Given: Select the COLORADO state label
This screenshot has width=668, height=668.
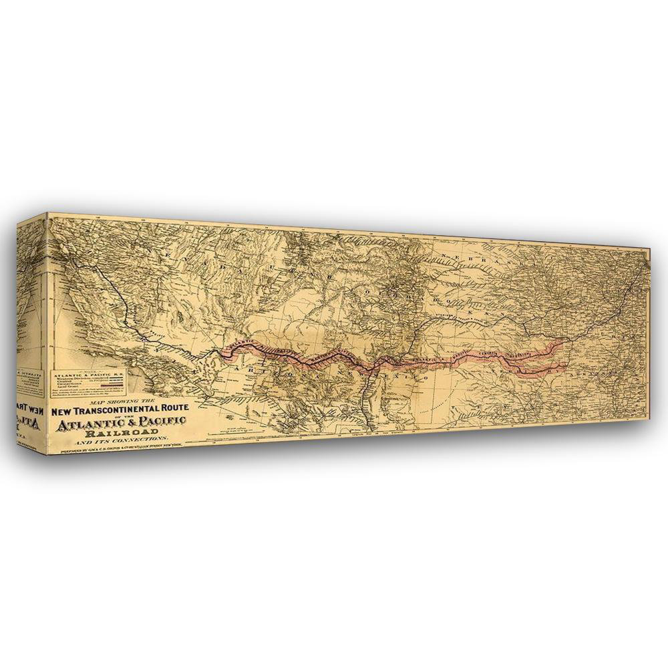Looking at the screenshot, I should coord(381,294).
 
